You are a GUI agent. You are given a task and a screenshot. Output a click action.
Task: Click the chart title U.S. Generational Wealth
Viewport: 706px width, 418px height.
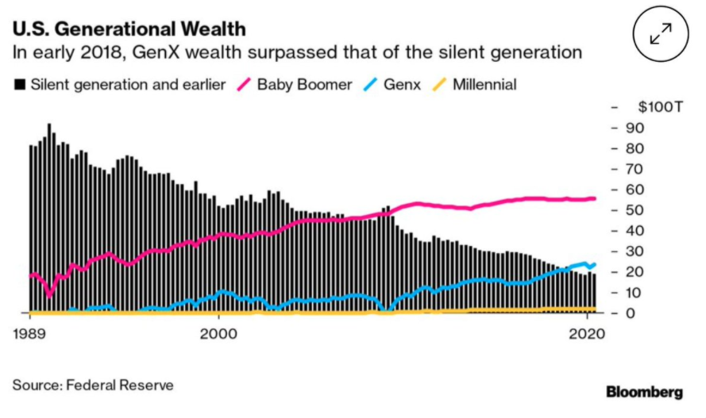[x=129, y=29]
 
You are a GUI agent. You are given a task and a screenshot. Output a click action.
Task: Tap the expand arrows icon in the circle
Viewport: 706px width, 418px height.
[x=661, y=33]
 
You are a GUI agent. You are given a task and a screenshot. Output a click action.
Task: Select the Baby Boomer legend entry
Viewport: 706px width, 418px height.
[x=295, y=85]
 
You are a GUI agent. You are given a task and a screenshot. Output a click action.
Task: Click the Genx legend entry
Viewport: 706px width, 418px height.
[x=392, y=85]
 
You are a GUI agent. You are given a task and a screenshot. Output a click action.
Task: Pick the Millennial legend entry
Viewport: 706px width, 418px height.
[x=475, y=85]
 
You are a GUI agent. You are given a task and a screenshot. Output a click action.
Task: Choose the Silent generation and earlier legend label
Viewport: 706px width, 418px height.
[x=128, y=85]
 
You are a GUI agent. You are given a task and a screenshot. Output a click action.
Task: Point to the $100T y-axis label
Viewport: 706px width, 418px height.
[x=660, y=107]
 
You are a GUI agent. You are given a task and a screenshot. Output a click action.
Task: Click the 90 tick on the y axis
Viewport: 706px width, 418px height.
[x=635, y=128]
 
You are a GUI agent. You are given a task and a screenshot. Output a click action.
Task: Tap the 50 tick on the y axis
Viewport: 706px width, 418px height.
[x=635, y=210]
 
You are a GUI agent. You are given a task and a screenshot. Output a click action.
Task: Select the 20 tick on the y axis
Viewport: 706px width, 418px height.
[x=635, y=272]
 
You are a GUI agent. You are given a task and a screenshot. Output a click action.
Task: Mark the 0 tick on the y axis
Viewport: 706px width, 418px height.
[x=631, y=313]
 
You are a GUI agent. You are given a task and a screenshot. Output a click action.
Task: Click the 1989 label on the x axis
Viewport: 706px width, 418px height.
[x=29, y=334]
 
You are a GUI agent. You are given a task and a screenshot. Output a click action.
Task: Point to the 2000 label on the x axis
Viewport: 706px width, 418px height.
[x=219, y=334]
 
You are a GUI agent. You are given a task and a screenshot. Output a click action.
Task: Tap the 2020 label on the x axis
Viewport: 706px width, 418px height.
[x=587, y=334]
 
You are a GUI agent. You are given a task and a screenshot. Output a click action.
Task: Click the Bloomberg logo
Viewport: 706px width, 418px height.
[x=644, y=392]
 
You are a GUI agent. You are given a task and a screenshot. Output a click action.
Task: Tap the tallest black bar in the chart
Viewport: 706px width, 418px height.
[x=49, y=218]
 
